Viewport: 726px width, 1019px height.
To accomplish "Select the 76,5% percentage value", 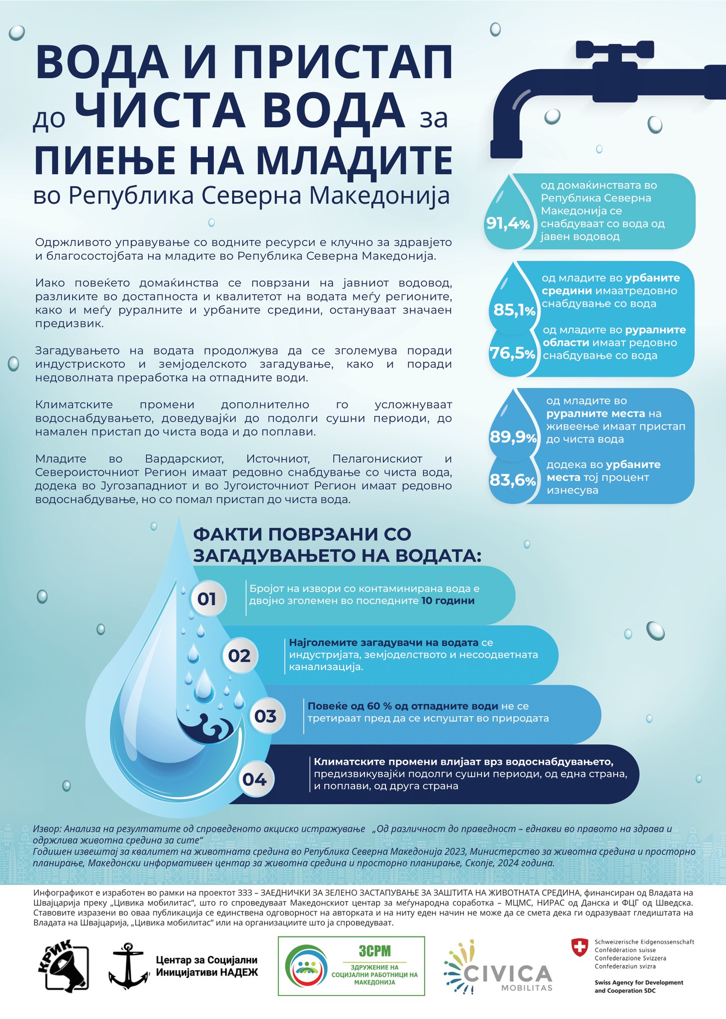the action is pyautogui.click(x=513, y=354).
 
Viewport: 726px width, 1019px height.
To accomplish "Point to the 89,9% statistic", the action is pyautogui.click(x=513, y=437).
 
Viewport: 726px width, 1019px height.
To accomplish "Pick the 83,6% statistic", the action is pyautogui.click(x=513, y=480).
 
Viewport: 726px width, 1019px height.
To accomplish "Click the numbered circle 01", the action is pyautogui.click(x=207, y=599).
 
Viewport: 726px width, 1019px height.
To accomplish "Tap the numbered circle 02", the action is pyautogui.click(x=239, y=656).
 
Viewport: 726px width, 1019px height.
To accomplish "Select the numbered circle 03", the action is pyautogui.click(x=265, y=716).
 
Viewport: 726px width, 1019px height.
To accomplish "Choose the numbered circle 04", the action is pyautogui.click(x=254, y=779).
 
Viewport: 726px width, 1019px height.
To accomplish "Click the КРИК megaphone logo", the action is pyautogui.click(x=63, y=965).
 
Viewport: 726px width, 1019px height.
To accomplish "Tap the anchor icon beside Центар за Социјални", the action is pyautogui.click(x=128, y=965).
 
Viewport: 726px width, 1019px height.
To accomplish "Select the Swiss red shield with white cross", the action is pyautogui.click(x=579, y=947).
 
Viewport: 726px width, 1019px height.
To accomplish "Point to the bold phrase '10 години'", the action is pyautogui.click(x=448, y=601).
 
